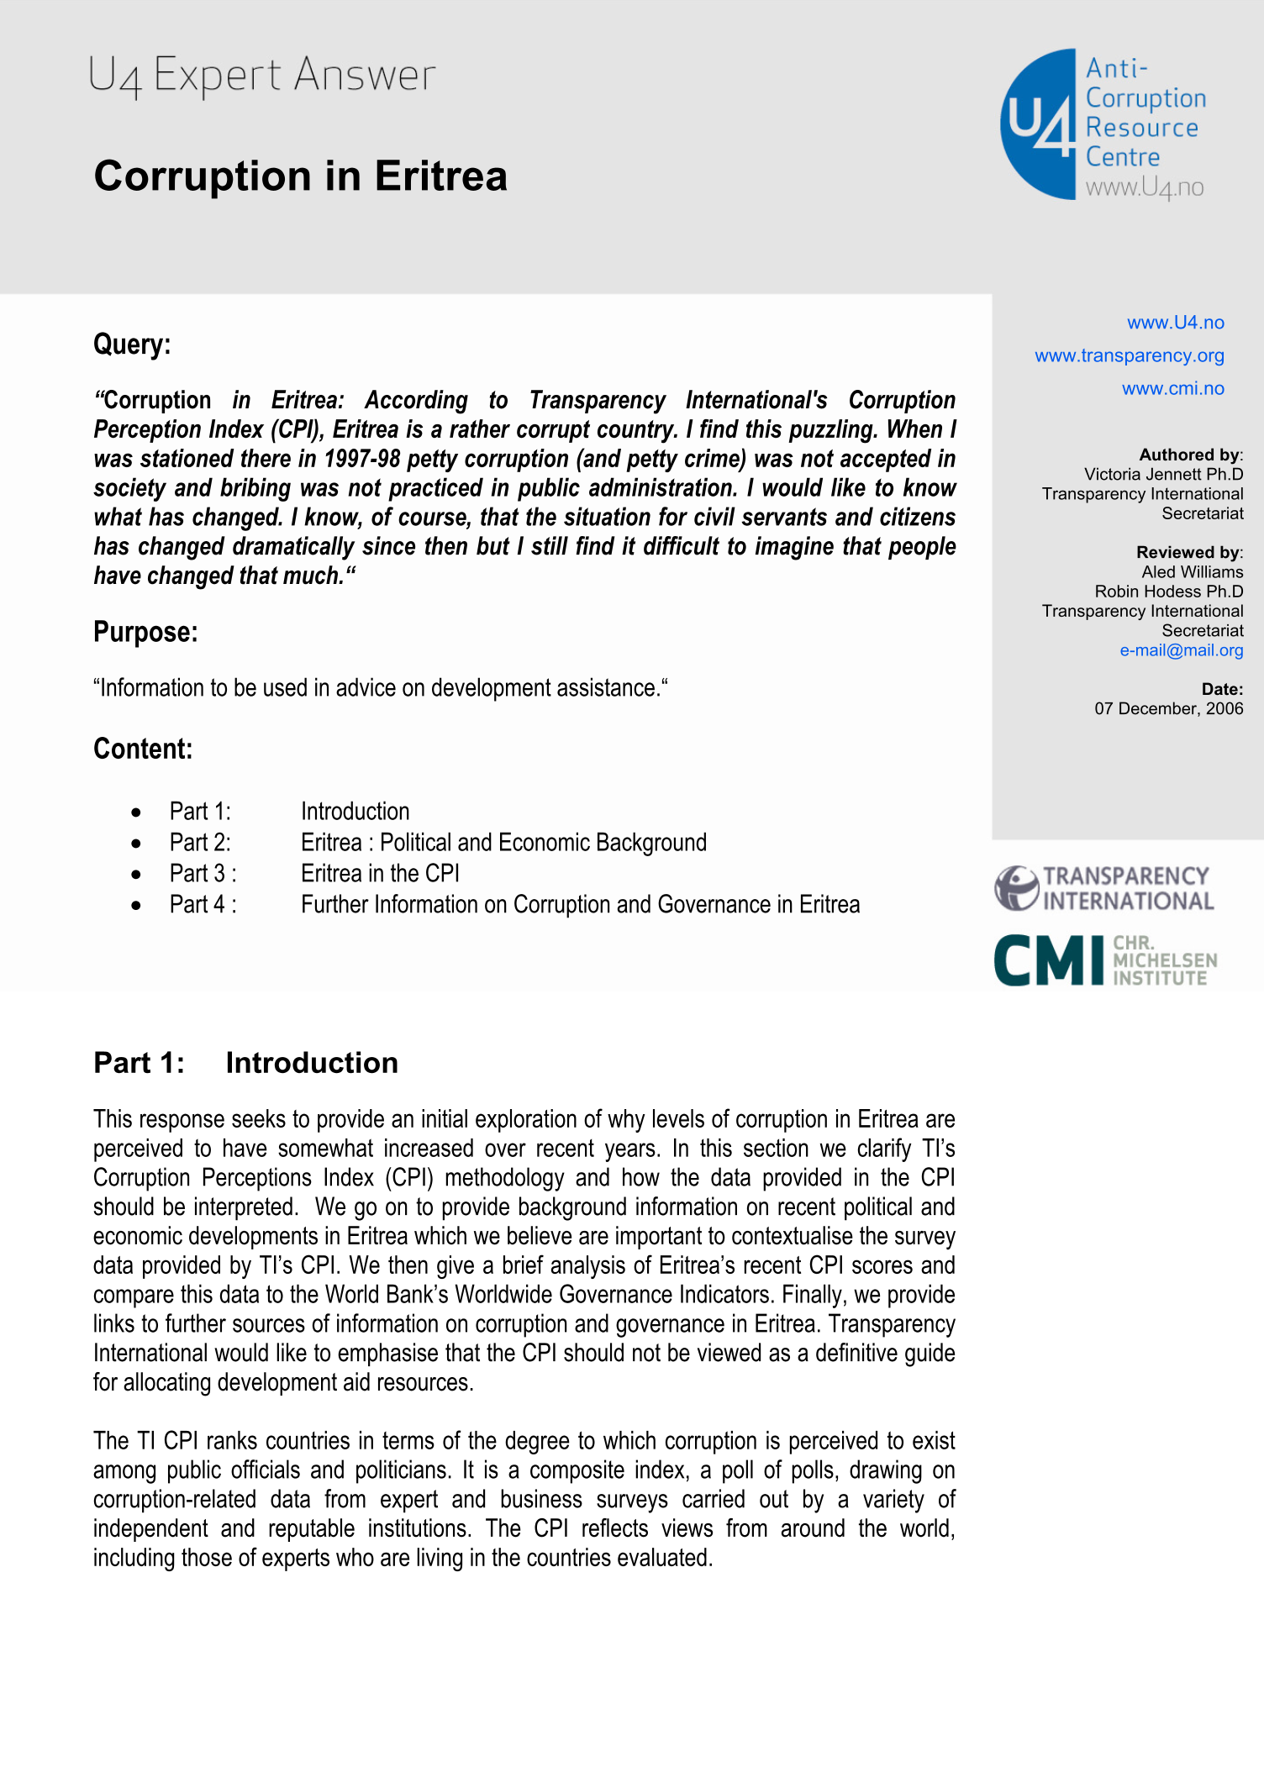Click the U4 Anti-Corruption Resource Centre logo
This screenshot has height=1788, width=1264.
pos(1103,124)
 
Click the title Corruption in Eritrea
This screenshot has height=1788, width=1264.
pos(300,176)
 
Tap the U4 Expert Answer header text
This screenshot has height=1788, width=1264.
pos(261,76)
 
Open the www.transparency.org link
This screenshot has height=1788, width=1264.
pos(1129,355)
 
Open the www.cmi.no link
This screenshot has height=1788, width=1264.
pos(1172,388)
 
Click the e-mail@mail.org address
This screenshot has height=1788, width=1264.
pos(1181,650)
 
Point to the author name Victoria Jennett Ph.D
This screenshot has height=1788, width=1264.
pos(1163,475)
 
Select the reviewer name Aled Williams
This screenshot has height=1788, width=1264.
pos(1192,572)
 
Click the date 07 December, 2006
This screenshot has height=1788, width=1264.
pos(1168,708)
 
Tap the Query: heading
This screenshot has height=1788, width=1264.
pos(132,344)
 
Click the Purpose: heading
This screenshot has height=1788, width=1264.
pos(145,632)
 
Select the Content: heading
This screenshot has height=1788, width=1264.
pos(143,749)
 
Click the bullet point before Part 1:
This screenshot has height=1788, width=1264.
pos(136,812)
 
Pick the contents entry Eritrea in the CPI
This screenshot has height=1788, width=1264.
pos(380,874)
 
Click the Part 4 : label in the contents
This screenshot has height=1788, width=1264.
pos(203,905)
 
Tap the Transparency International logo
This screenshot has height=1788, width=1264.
pos(1104,889)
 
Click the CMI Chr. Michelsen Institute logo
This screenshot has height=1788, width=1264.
pos(1104,960)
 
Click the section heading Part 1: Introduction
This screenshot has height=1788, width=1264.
pos(245,1063)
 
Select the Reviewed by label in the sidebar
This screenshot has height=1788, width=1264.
pos(1188,552)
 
